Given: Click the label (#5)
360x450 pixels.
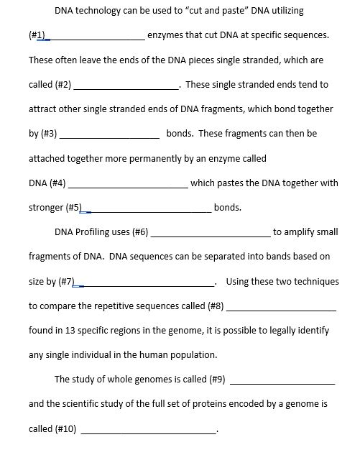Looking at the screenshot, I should click(x=75, y=208).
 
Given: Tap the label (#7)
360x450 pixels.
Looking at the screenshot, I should click(x=65, y=281).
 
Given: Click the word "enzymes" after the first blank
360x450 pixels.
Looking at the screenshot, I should click(x=165, y=35).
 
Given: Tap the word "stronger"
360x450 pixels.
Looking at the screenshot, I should click(x=46, y=208).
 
